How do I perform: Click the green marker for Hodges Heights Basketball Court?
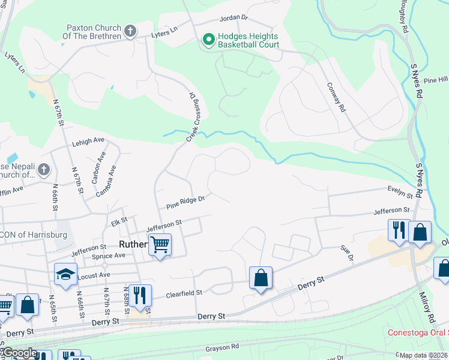(209, 40)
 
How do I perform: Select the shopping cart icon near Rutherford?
(160, 244)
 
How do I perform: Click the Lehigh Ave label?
(88, 140)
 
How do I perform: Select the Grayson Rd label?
(222, 347)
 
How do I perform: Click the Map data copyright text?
(423, 356)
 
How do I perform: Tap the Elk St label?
(116, 221)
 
